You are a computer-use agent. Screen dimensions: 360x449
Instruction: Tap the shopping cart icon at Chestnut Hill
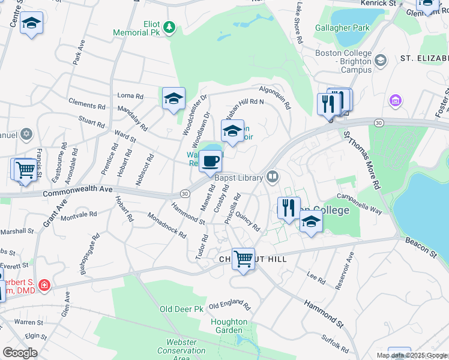(243, 259)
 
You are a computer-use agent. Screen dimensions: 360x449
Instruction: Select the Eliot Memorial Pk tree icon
(170, 26)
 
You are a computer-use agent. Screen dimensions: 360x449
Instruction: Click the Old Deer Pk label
(181, 309)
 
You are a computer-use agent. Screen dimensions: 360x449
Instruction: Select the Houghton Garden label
(229, 326)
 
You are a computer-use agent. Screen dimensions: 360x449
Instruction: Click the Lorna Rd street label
(130, 95)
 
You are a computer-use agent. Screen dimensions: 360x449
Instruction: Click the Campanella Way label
(360, 203)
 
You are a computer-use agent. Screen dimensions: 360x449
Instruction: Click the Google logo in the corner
(19, 352)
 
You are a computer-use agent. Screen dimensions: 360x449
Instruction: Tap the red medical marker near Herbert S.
(44, 284)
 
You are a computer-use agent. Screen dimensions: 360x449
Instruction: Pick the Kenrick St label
(378, 3)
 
